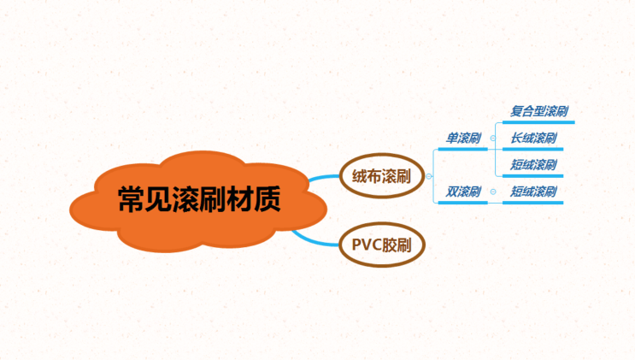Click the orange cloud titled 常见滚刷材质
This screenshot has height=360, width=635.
point(197,202)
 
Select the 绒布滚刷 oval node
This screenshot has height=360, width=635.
point(381,178)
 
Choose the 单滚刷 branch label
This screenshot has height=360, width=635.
point(463,137)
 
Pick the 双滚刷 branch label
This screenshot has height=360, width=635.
point(463,191)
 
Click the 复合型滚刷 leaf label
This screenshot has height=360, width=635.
point(539,111)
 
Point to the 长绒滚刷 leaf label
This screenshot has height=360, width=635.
point(533,138)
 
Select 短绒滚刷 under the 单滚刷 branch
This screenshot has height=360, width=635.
point(533,164)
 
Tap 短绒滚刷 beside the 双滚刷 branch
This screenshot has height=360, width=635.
point(533,191)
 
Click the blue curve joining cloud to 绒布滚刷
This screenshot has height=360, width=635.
point(321,179)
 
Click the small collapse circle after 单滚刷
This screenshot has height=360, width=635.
point(492,138)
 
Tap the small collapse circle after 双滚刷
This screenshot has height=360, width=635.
point(492,192)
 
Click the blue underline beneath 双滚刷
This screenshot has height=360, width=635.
point(462,203)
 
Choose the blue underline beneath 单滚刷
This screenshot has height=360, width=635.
point(462,150)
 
